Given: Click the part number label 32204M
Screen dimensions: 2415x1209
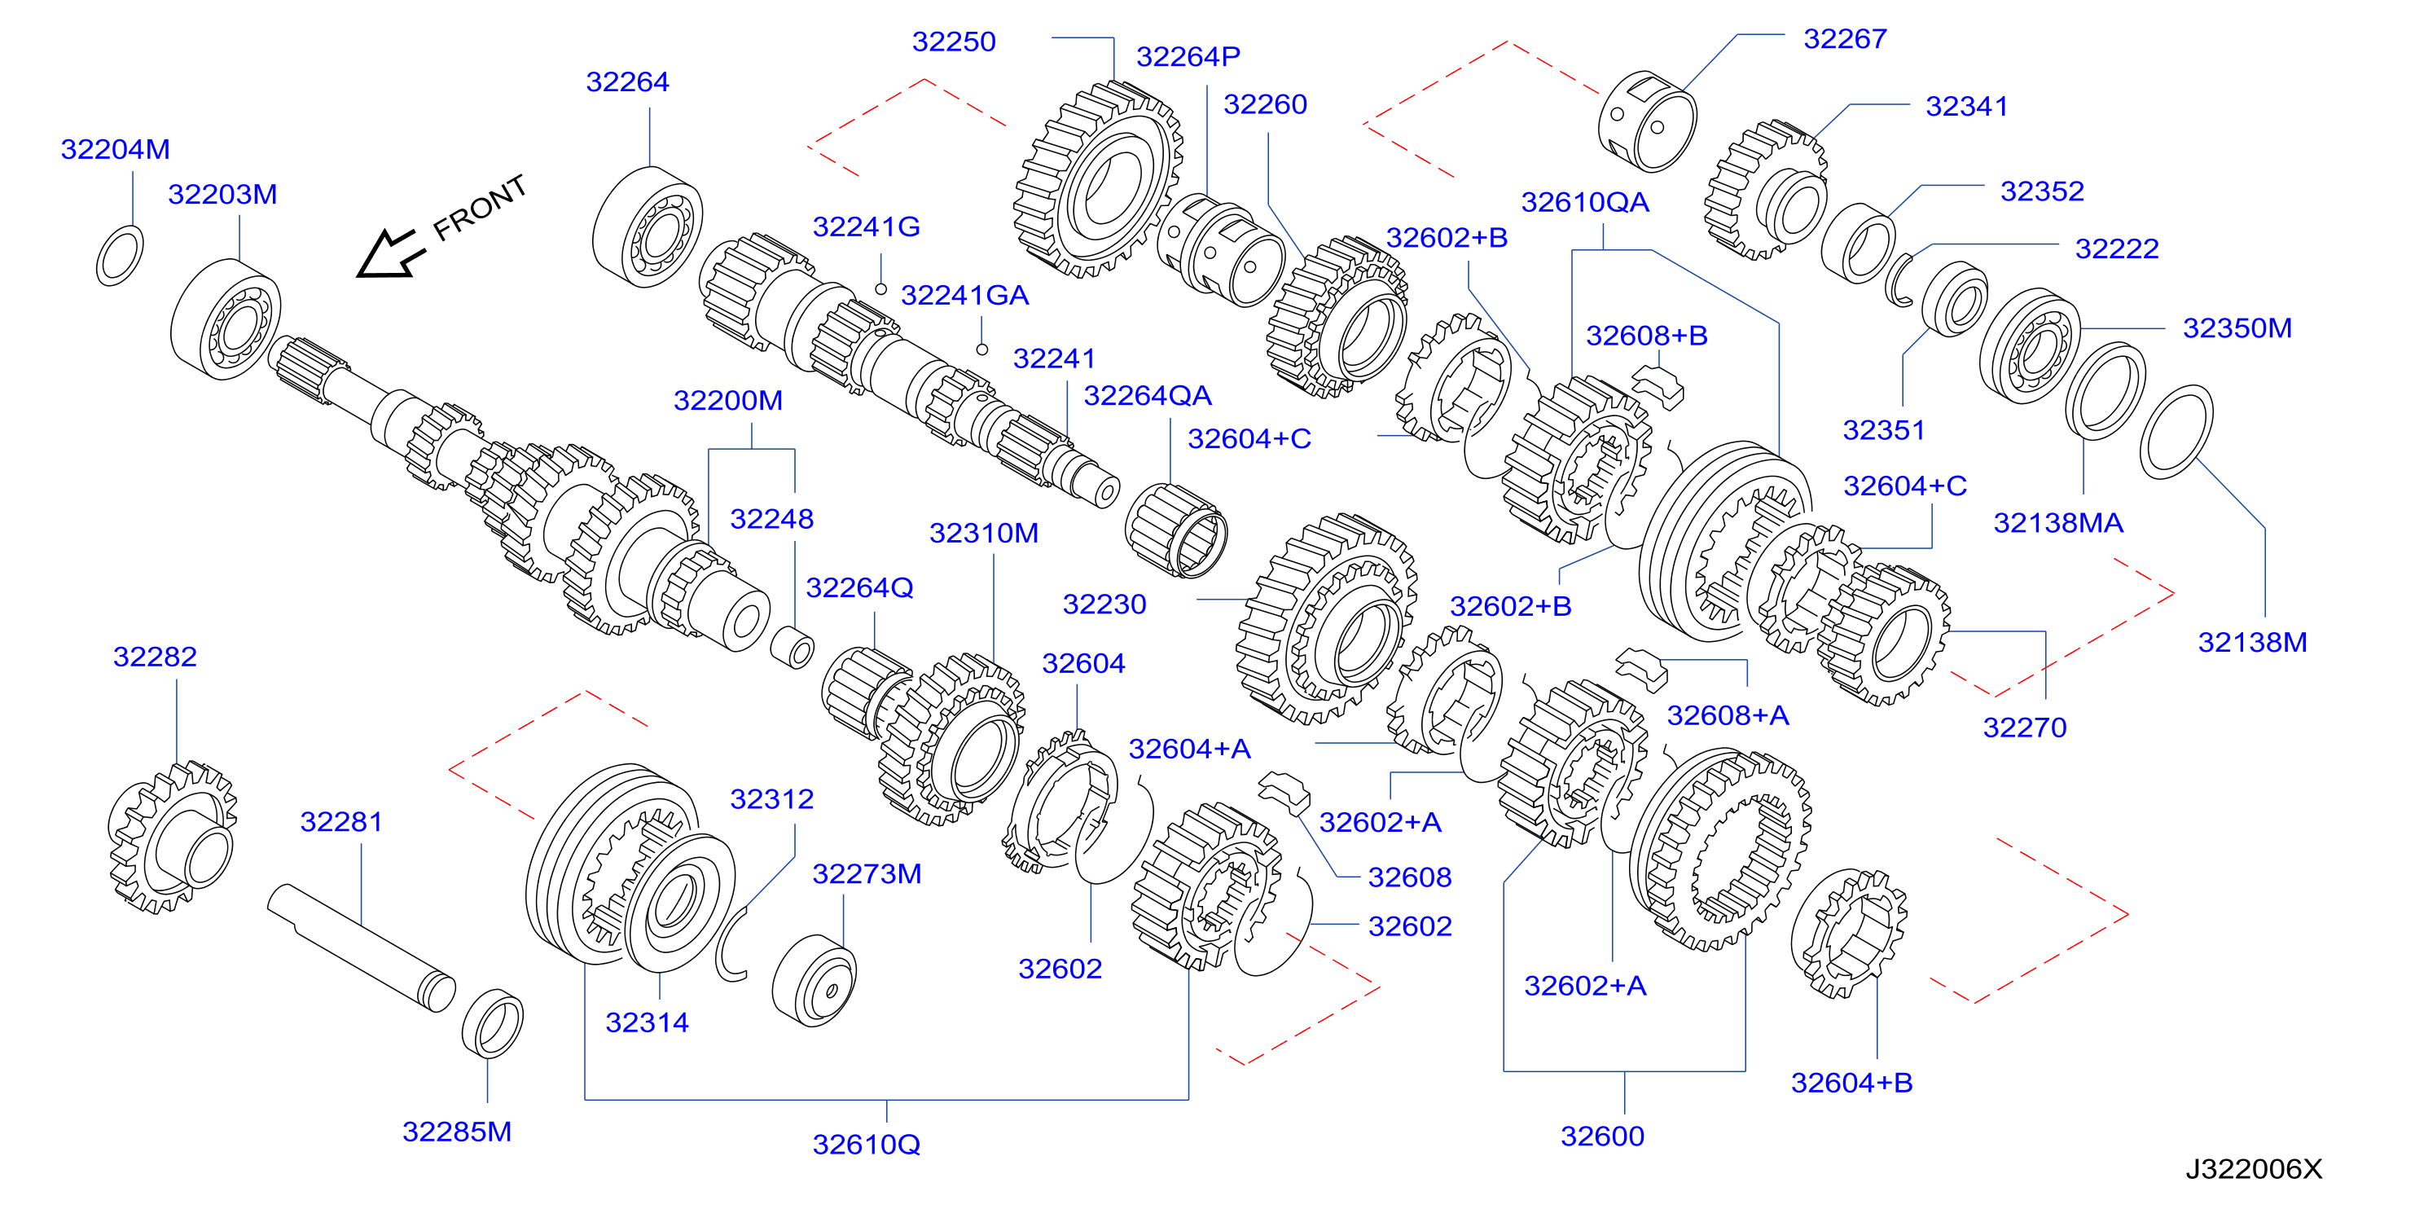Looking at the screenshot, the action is pos(116,149).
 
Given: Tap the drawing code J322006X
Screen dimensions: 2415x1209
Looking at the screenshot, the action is pos(2254,1168).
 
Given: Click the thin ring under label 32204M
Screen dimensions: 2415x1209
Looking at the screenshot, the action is pos(120,255).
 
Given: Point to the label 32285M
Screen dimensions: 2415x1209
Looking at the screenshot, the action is pos(457,1131).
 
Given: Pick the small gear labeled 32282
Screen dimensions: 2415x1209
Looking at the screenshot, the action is pos(173,837).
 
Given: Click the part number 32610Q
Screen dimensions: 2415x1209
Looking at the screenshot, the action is pos(867,1145).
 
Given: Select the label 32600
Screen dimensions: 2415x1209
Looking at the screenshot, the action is pos(1602,1136).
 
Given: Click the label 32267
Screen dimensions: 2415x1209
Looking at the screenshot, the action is pos(1845,38).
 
